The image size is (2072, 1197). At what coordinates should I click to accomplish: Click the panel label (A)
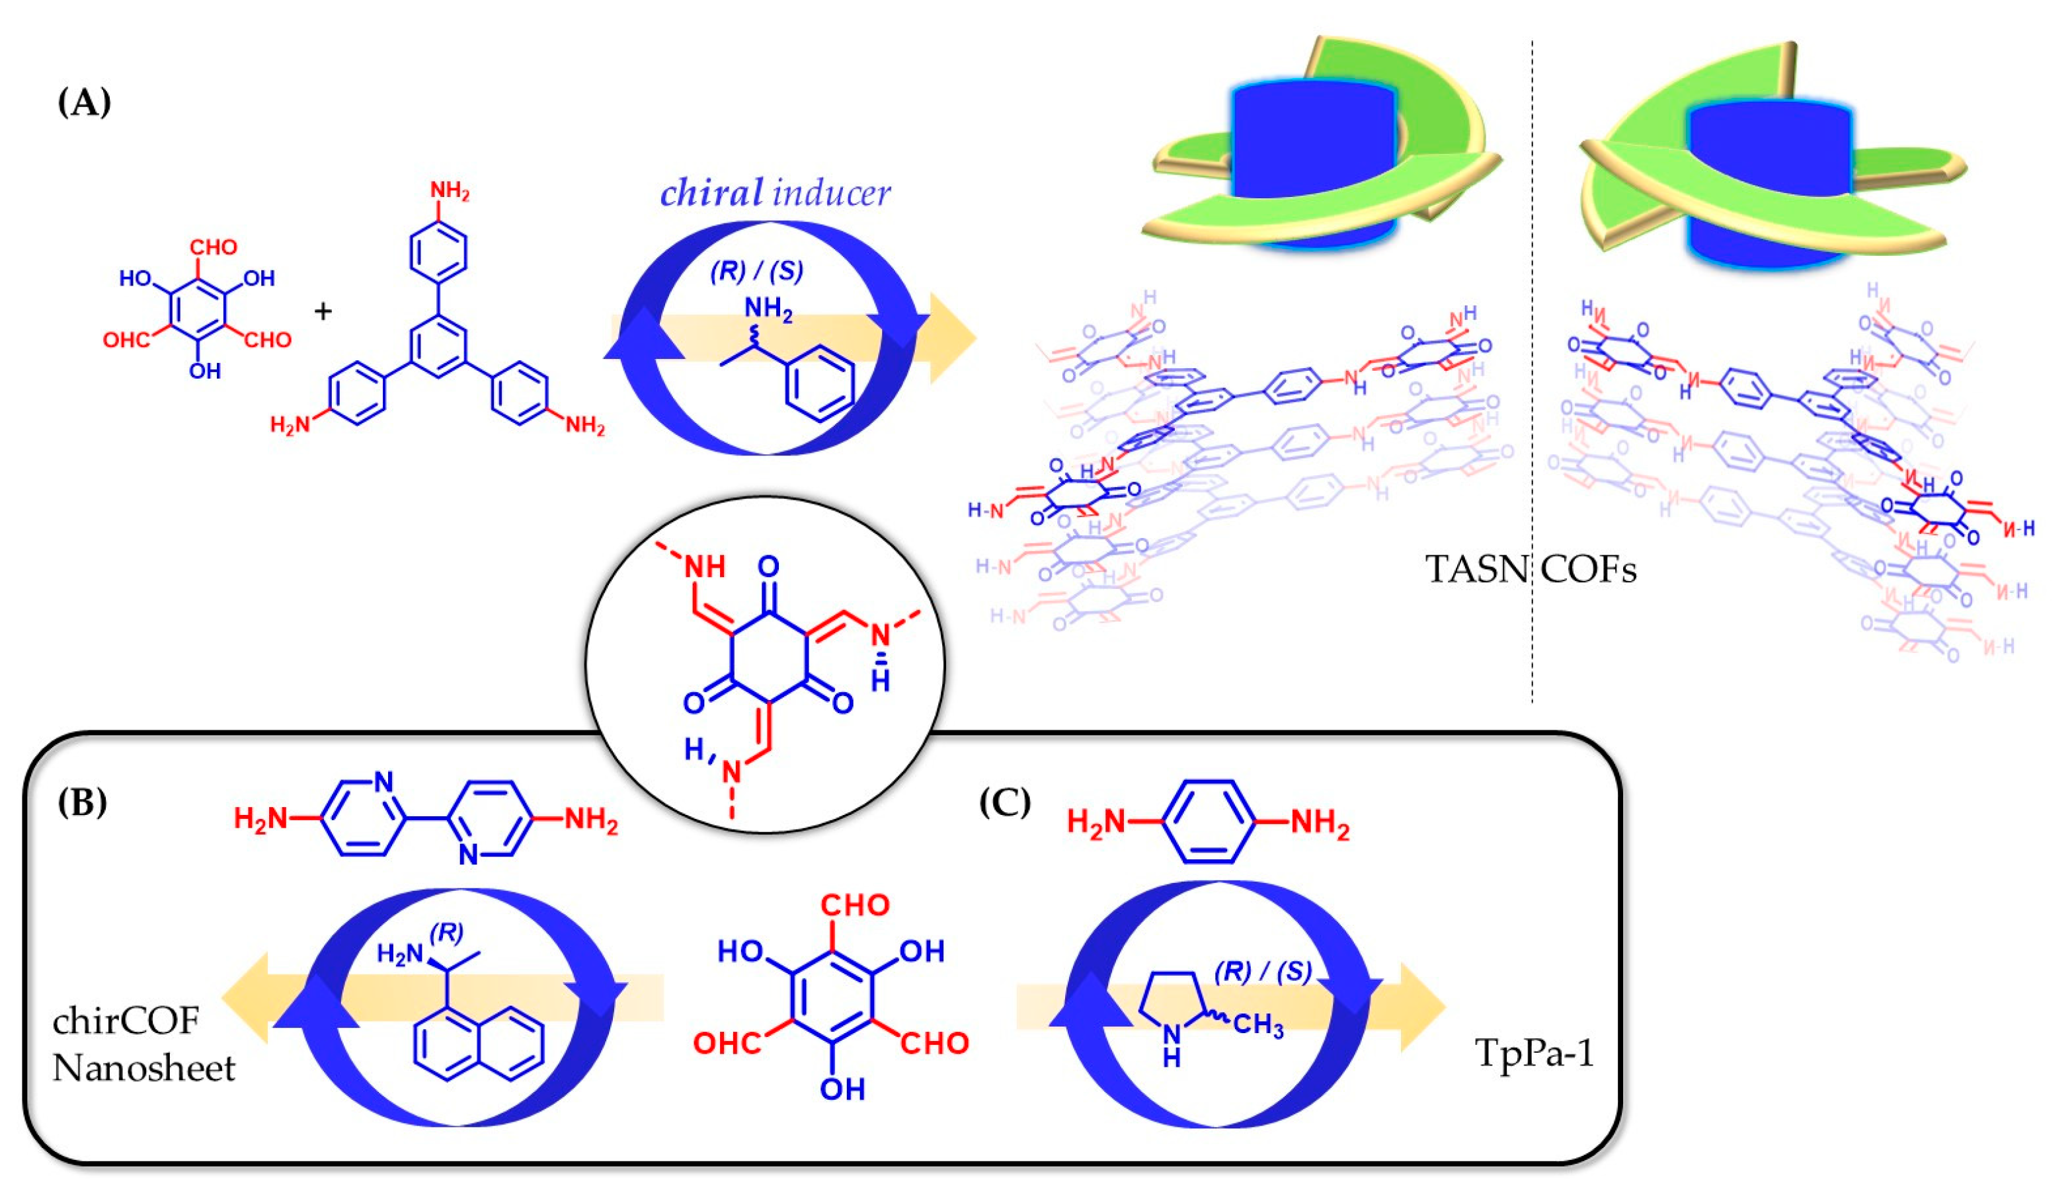point(84,104)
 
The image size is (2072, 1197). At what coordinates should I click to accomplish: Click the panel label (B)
point(82,802)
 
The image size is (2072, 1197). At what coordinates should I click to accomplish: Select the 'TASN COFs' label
point(1530,570)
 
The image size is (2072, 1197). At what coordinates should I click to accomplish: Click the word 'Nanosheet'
point(144,1069)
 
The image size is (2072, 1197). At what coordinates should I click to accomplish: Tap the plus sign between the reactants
point(323,311)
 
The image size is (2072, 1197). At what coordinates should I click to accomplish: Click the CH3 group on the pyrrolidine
point(1258,1025)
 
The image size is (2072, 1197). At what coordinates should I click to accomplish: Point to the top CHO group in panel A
point(213,247)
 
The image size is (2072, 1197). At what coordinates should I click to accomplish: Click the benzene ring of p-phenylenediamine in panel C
point(1208,822)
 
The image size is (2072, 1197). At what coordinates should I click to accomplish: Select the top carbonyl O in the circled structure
point(768,566)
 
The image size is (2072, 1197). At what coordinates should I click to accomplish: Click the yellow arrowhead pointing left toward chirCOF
point(247,997)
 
